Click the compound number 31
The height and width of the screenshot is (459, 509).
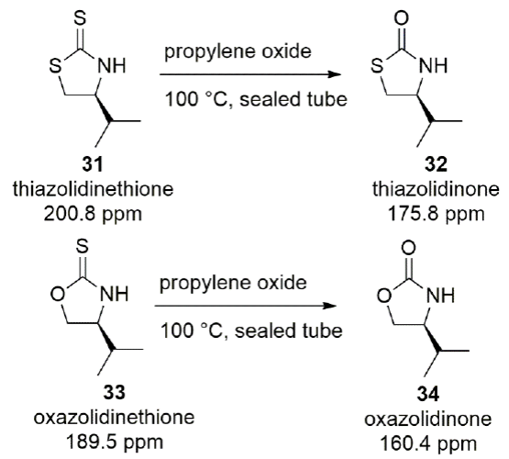(93, 163)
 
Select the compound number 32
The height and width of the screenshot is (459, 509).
(436, 164)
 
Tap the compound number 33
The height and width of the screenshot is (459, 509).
(115, 392)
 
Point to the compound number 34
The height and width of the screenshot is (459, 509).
(428, 394)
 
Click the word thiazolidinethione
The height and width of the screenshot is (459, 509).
(94, 189)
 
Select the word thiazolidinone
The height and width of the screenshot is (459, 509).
(436, 189)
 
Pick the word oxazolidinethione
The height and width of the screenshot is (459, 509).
(115, 417)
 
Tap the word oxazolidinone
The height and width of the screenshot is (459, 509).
(428, 419)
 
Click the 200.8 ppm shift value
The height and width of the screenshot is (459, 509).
(93, 215)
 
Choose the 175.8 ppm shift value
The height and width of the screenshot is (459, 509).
(436, 215)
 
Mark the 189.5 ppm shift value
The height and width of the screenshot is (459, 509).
(115, 442)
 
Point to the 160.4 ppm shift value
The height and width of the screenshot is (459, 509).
(428, 444)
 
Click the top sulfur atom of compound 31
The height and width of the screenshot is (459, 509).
(80, 18)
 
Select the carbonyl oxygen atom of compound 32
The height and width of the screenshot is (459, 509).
(402, 18)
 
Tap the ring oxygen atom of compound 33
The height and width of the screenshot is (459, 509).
(57, 295)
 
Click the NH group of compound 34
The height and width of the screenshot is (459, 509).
(440, 296)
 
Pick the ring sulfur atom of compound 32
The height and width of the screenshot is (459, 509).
(377, 67)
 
